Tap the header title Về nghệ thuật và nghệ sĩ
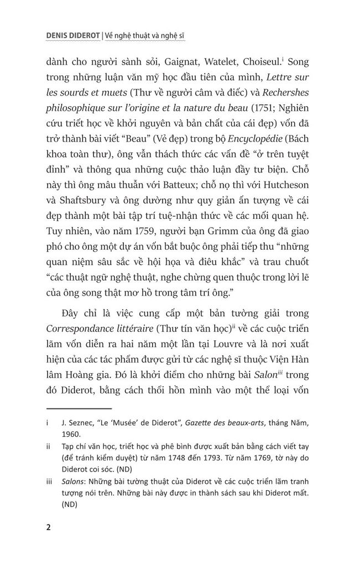coord(144,36)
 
